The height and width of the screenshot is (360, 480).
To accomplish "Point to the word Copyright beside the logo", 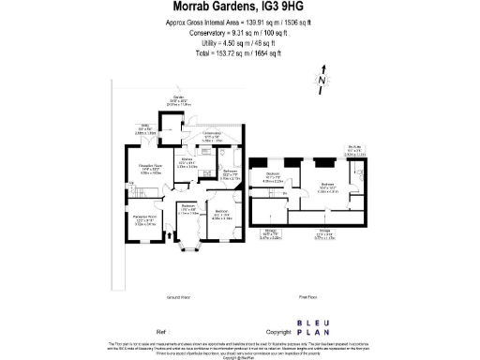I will pyautogui.click(x=279, y=332).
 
